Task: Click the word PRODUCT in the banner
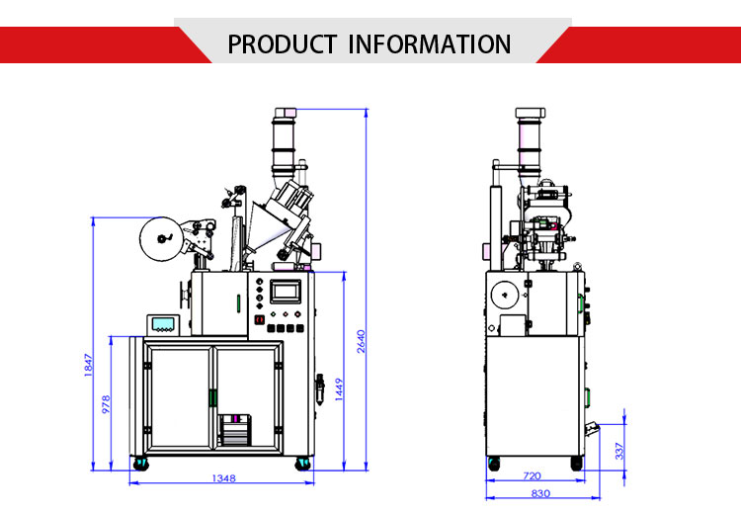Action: [282, 44]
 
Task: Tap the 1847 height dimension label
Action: [88, 364]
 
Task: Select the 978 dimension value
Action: [106, 404]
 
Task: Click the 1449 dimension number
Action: [339, 390]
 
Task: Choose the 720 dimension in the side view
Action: [533, 476]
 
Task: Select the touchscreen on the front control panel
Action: [287, 292]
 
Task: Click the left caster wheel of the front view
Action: [139, 462]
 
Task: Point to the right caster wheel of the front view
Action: [301, 462]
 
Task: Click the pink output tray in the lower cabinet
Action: [234, 431]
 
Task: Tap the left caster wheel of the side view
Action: [493, 462]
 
